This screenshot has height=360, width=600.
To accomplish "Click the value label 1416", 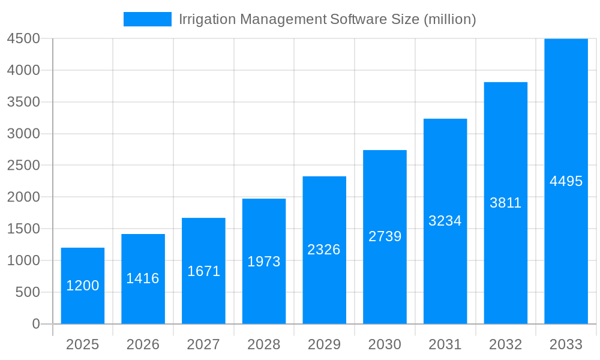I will [x=143, y=278].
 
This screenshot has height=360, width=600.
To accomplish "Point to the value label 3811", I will [x=505, y=203].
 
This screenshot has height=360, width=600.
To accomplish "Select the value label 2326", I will [x=324, y=250].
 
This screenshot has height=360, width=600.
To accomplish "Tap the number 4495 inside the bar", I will [x=566, y=181].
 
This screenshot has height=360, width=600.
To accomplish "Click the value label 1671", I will [x=203, y=271].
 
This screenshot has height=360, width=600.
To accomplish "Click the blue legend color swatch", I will [x=147, y=19].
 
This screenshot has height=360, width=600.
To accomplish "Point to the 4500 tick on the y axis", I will [x=23, y=38].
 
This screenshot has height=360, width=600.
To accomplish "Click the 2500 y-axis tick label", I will [x=23, y=166].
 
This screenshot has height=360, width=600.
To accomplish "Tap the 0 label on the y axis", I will [x=35, y=324].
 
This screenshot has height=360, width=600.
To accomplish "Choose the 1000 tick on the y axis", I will [x=23, y=260].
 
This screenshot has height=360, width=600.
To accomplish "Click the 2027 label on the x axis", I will [x=203, y=344].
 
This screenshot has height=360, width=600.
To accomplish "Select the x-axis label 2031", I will [x=445, y=344].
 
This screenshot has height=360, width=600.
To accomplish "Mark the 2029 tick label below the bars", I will [x=324, y=344].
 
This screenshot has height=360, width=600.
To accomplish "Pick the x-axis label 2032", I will [x=505, y=344].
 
